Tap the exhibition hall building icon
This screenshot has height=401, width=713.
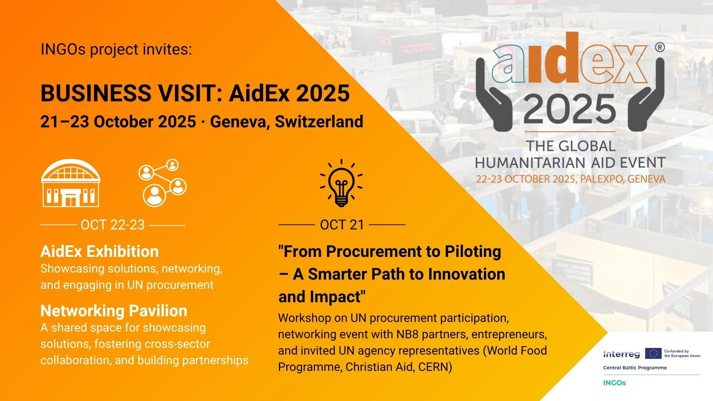71,183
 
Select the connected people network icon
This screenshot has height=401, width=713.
163,183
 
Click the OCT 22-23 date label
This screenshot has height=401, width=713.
113,225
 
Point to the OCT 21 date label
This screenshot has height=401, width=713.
342,225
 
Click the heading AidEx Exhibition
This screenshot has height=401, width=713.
100,251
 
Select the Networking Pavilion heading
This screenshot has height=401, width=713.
114,311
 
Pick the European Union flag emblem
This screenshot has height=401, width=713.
653,353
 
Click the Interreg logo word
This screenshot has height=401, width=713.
621,354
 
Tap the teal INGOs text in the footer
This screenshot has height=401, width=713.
614,383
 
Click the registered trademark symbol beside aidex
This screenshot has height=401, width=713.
660,48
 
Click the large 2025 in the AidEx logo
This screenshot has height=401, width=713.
570,109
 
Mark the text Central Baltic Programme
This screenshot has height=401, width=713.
635,368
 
